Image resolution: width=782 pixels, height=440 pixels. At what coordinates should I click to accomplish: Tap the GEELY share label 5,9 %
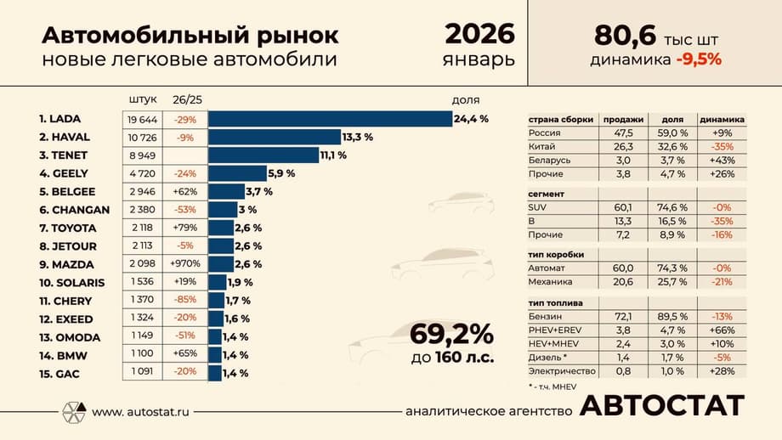[281, 173]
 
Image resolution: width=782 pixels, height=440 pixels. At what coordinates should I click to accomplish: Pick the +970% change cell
[185, 264]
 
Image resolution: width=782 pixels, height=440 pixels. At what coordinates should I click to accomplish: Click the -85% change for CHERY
[185, 301]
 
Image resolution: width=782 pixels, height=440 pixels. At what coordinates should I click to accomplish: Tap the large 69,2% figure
[451, 332]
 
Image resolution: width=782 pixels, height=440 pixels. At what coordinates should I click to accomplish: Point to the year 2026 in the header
[479, 34]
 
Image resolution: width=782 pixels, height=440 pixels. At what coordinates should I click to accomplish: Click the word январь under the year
[479, 60]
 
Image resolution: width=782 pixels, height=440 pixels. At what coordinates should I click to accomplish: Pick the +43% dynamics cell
[720, 160]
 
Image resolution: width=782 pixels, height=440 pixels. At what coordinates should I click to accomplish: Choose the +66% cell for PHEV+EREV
[720, 330]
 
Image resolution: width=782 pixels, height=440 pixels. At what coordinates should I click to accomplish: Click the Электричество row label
[563, 370]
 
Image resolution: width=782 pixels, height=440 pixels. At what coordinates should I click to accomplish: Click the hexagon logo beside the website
[72, 412]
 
